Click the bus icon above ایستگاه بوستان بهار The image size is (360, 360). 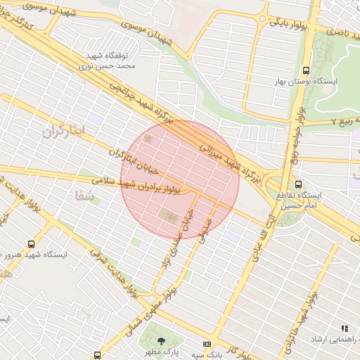click(x=306, y=70)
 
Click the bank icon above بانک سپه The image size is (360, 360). click(x=206, y=344)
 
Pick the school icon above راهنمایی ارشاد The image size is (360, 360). click(x=345, y=328)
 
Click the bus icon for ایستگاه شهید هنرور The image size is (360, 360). click(x=30, y=243)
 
